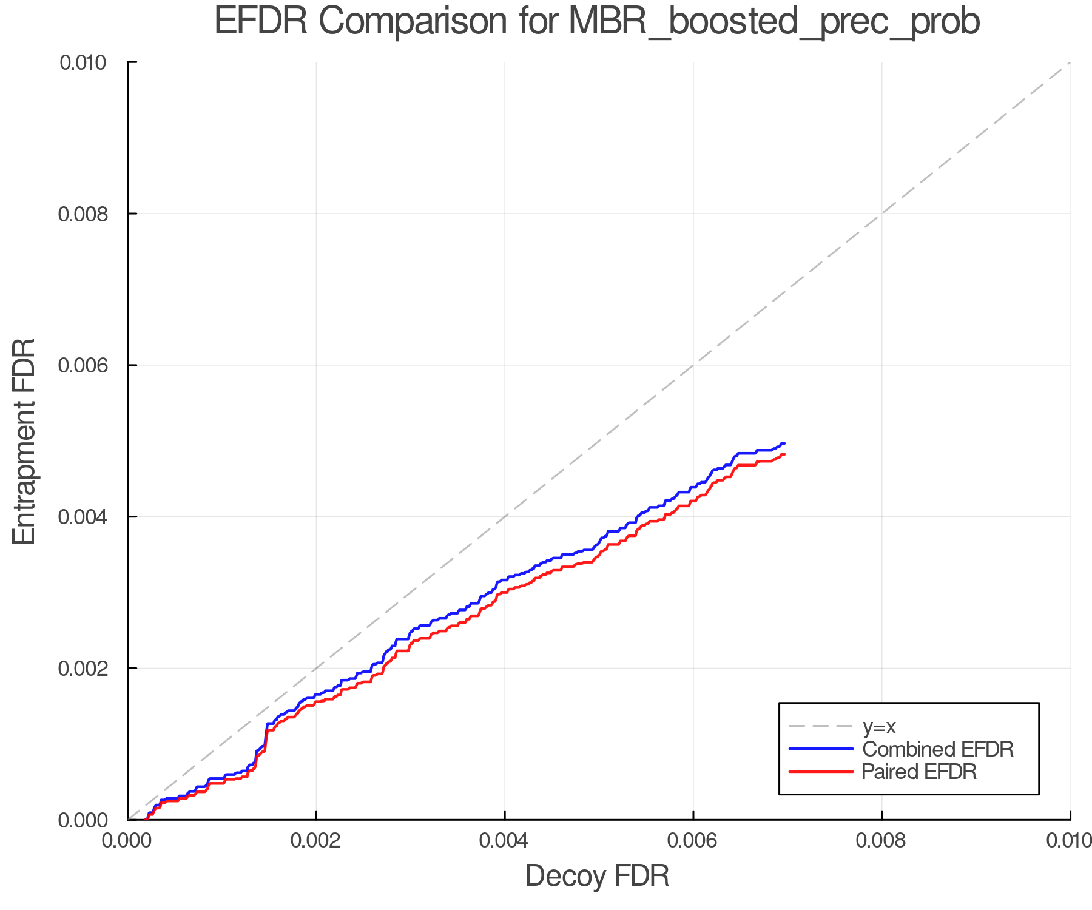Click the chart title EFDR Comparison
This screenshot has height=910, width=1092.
[x=597, y=22]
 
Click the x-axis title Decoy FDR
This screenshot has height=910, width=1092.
[x=597, y=875]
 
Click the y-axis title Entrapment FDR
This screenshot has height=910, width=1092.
[x=24, y=441]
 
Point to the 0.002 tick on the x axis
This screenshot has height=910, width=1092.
[x=316, y=840]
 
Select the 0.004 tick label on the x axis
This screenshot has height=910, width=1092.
[x=505, y=840]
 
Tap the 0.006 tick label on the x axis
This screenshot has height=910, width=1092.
[x=693, y=840]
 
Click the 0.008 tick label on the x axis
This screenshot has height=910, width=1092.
[x=881, y=840]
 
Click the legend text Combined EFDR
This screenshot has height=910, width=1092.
[x=937, y=749]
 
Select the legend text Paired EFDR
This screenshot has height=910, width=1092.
[x=919, y=771]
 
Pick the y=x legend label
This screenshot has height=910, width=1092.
[x=879, y=726]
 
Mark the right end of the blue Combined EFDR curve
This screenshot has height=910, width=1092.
[x=784, y=443]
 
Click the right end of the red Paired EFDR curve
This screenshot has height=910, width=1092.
[x=784, y=454]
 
